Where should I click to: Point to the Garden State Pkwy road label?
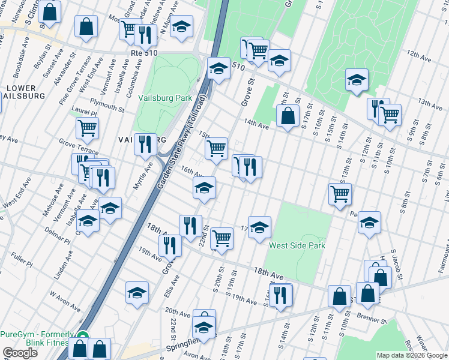[182, 143]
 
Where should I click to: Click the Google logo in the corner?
[20, 353]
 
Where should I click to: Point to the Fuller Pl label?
[21, 261]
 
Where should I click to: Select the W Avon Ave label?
[65, 301]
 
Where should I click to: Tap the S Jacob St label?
[397, 263]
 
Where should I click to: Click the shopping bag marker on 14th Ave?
[289, 116]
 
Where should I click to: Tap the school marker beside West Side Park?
[259, 227]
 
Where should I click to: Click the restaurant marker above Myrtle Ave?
[145, 145]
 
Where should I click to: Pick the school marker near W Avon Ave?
[137, 293]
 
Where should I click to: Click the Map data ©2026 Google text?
[411, 355]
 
